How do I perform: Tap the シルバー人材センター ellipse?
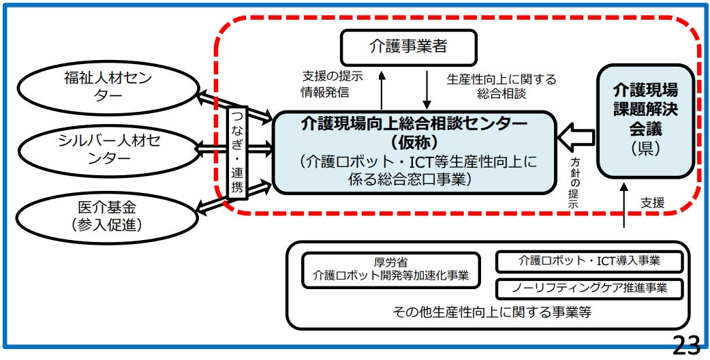104,149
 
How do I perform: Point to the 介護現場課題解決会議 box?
645,120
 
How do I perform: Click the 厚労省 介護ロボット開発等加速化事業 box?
391,269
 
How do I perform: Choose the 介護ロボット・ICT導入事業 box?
589,261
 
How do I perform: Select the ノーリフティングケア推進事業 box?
589,288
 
